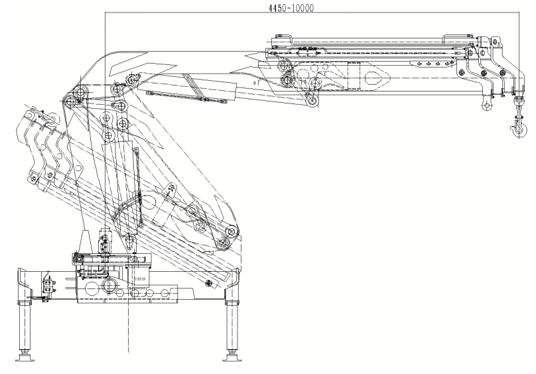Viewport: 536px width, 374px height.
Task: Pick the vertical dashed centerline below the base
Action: pos(127,332)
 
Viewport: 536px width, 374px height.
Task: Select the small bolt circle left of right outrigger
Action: pos(210,284)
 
